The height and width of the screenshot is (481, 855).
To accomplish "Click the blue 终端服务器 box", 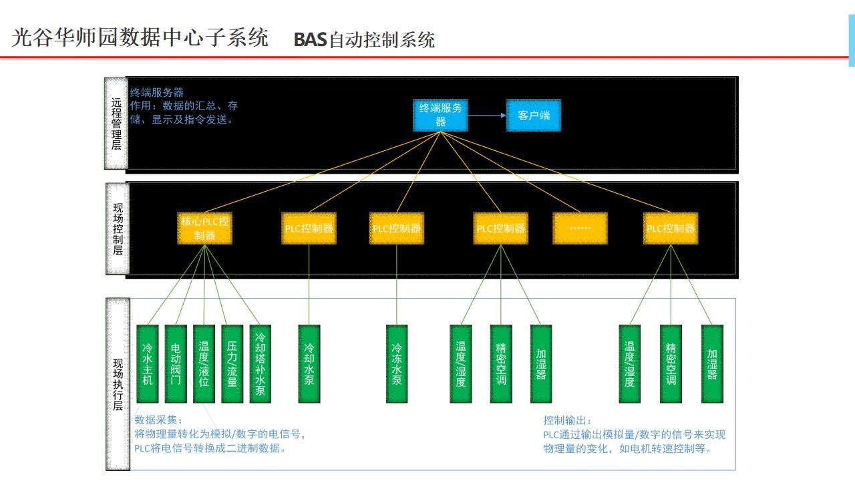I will [x=441, y=115].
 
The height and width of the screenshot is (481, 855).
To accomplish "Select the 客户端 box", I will [x=533, y=115].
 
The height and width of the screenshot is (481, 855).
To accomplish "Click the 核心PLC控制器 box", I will [x=205, y=228].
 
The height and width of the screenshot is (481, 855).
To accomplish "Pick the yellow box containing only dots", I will [x=580, y=228].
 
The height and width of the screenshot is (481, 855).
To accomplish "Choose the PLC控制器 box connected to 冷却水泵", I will [x=309, y=228].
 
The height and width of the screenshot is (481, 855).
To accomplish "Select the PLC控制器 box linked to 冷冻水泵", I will [x=397, y=228].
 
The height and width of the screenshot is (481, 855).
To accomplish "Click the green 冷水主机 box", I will [x=148, y=364].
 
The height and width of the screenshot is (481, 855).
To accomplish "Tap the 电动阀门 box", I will [x=176, y=364].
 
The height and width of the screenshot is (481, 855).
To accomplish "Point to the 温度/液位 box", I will [x=204, y=364].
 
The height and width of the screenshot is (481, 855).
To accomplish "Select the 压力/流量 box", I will [x=232, y=364].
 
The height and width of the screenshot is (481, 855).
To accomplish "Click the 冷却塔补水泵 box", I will [x=260, y=364].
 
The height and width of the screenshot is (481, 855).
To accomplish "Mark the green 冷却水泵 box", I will [x=309, y=364].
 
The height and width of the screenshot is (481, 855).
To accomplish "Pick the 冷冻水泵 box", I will [x=397, y=364].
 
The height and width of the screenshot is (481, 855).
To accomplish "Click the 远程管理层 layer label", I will [x=117, y=124].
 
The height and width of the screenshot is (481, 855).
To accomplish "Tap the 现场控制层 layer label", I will [x=118, y=229].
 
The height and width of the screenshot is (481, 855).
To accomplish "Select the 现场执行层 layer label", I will [x=118, y=384].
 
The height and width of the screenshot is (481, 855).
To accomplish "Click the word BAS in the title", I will [x=310, y=39].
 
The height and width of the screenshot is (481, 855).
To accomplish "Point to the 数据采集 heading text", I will [x=153, y=420].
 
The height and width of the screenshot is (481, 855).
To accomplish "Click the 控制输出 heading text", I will [x=566, y=420].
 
